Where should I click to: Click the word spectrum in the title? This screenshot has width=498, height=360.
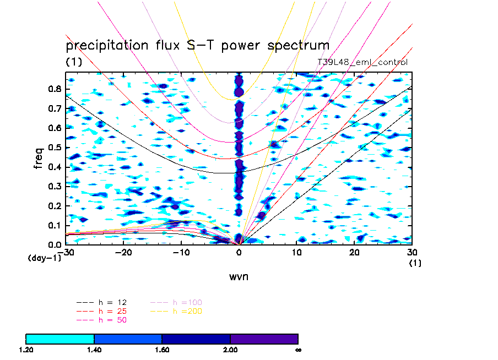294,46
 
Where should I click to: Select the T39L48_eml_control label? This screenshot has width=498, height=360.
362,62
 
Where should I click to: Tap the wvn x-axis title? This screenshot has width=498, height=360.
239,276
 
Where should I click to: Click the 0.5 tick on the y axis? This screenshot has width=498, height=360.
55,147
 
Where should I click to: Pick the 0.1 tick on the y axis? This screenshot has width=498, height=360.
55,225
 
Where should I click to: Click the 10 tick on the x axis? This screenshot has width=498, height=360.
297,252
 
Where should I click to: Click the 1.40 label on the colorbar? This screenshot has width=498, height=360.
94,349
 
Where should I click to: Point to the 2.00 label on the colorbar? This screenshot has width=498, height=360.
230,349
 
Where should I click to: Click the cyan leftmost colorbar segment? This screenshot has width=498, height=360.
60,339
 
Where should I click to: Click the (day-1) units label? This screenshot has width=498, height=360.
45,258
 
